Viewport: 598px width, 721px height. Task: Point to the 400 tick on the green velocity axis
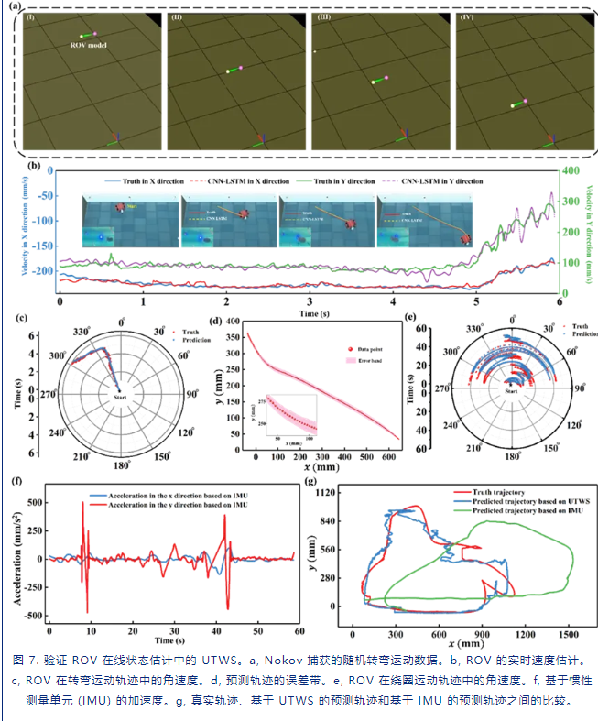[575, 170]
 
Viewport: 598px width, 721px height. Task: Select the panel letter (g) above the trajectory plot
[311, 480]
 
